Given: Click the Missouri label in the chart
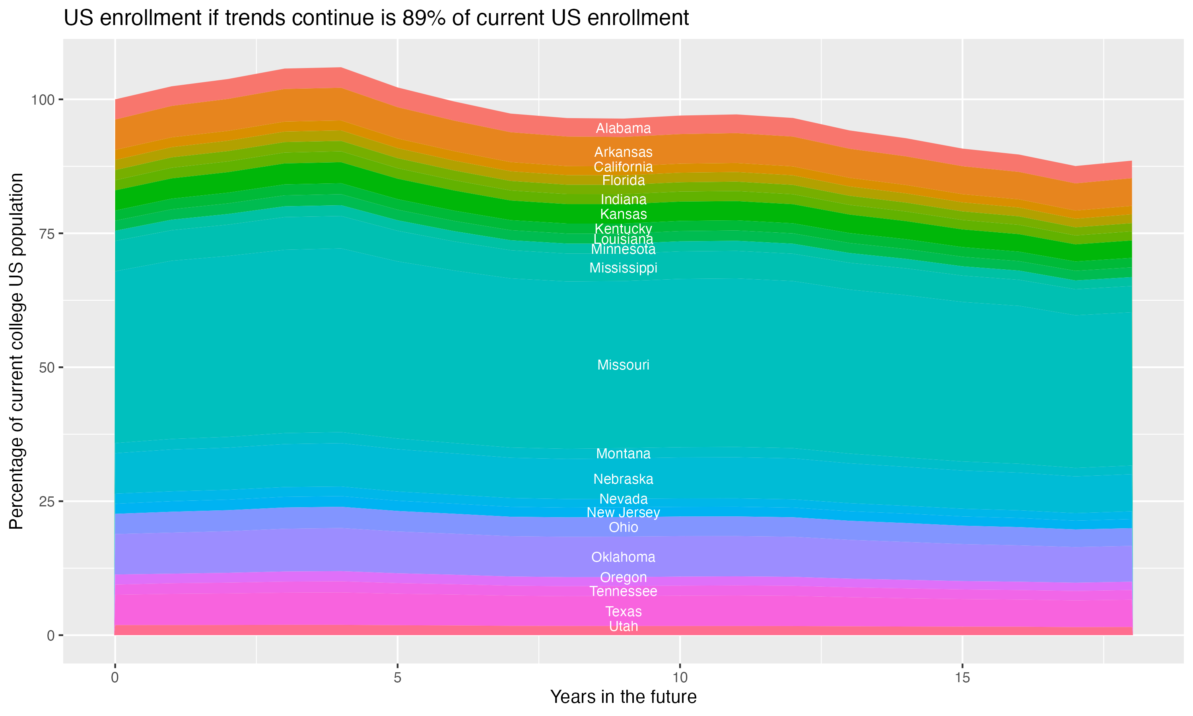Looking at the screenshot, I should (x=623, y=365).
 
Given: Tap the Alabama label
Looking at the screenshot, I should (x=623, y=128).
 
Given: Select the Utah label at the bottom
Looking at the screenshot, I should (x=623, y=627).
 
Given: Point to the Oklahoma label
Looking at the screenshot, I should (x=623, y=557).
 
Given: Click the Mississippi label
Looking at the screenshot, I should (x=623, y=268).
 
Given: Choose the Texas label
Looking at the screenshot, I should (x=623, y=612).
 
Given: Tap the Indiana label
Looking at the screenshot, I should (x=623, y=199).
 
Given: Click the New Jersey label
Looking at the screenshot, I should (x=623, y=512).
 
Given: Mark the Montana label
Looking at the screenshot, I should (x=623, y=453).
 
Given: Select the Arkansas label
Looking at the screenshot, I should (x=623, y=152).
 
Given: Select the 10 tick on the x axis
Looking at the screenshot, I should (x=680, y=678).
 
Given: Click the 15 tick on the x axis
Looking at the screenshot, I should (x=962, y=678).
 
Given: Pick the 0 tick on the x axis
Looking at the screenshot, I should (x=115, y=678).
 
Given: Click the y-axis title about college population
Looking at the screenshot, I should (x=16, y=351).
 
